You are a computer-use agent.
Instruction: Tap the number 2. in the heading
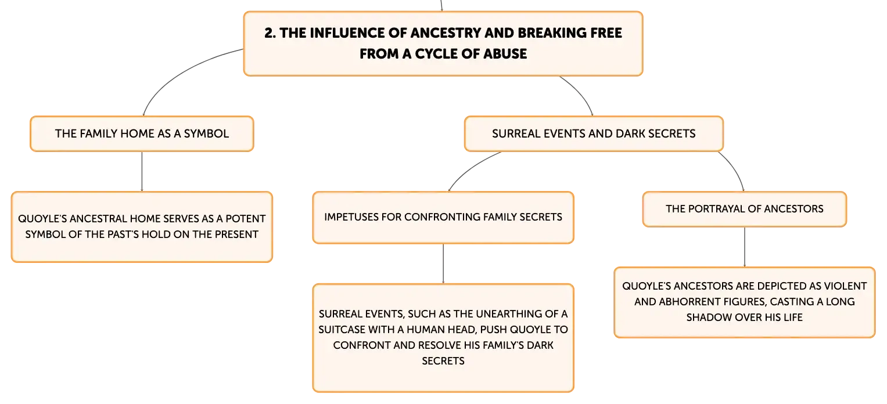tap(270, 33)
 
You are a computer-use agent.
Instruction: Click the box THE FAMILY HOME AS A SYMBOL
tap(142, 134)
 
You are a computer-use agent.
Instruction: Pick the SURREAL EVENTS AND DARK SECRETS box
tap(594, 134)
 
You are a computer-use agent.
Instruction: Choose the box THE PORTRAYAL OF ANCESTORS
tap(745, 209)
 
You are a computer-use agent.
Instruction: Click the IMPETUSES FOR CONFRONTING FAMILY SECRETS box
tap(443, 217)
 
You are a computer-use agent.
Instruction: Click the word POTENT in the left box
tap(246, 219)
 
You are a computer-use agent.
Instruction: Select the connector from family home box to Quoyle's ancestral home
tap(142, 172)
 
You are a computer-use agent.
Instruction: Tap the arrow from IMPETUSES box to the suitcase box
tap(443, 264)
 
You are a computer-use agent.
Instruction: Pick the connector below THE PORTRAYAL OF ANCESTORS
tap(745, 247)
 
